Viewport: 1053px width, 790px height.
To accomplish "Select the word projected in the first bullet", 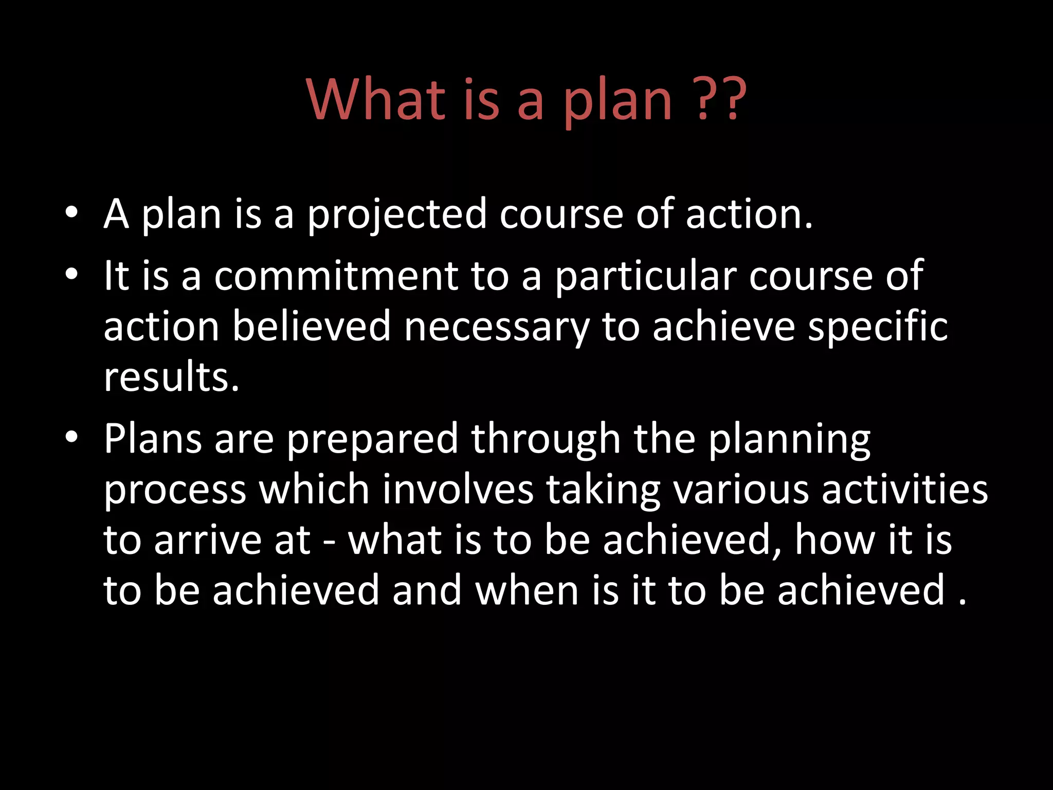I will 397,215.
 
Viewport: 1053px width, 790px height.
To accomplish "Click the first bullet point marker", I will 71,212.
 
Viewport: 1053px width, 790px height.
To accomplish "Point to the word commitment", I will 336,276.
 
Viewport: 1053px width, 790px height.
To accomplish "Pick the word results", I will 172,376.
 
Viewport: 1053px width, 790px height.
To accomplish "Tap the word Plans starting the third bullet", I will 153,439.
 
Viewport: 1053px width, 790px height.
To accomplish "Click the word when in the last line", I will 527,590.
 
